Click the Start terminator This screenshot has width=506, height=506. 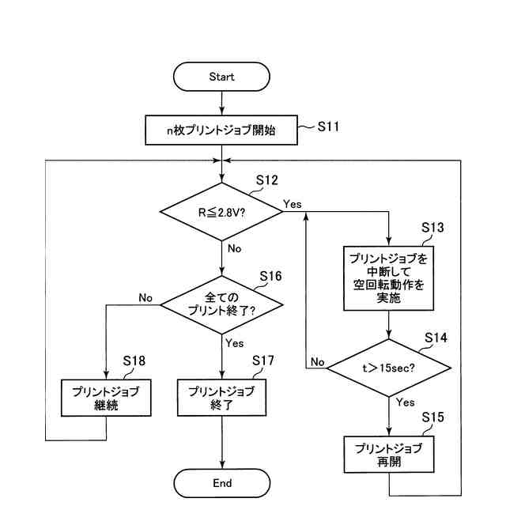[x=222, y=77]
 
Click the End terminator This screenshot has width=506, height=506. [x=222, y=483]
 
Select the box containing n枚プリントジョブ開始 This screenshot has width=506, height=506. [x=222, y=130]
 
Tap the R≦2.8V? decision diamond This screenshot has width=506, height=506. [x=222, y=212]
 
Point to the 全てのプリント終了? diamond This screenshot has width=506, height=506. [x=222, y=304]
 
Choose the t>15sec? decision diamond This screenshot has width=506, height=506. [x=388, y=367]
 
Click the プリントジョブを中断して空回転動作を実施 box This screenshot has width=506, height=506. [x=388, y=279]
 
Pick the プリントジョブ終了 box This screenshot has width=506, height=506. [x=222, y=398]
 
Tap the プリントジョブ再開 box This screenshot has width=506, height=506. [x=388, y=455]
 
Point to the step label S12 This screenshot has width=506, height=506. [x=266, y=180]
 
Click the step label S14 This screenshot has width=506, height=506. [x=436, y=337]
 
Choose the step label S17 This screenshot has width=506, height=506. [x=262, y=361]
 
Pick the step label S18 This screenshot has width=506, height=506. [x=134, y=361]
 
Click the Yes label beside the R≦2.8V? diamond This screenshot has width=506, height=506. [x=292, y=204]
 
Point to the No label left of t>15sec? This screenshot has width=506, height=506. [x=318, y=361]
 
